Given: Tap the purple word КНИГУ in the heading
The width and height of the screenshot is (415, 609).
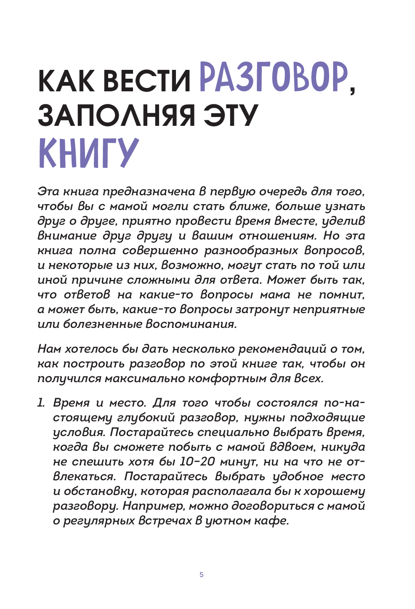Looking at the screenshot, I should pyautogui.click(x=88, y=153).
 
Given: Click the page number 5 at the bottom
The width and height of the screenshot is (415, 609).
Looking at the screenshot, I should pyautogui.click(x=202, y=574).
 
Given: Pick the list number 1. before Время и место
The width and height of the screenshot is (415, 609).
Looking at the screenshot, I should pyautogui.click(x=41, y=403).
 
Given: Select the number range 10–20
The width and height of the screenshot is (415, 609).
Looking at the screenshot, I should pyautogui.click(x=197, y=462).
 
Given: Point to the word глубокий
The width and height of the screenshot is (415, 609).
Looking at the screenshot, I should pyautogui.click(x=144, y=418).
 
